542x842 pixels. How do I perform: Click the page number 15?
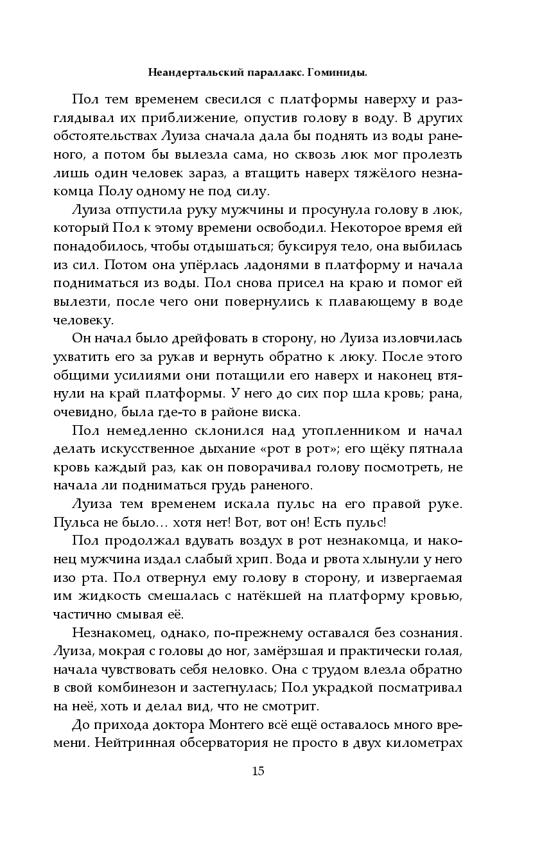pos(258,771)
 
